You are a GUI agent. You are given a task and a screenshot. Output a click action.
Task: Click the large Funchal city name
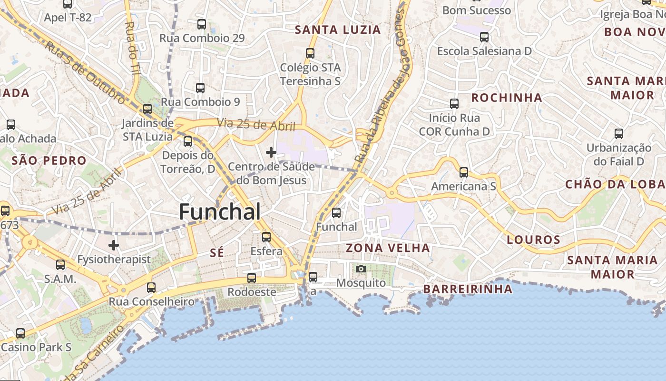[220, 212]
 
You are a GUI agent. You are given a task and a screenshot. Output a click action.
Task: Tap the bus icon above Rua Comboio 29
[202, 24]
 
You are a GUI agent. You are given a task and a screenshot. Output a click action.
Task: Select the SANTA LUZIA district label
[338, 30]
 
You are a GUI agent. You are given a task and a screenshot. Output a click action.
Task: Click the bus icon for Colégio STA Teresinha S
[310, 53]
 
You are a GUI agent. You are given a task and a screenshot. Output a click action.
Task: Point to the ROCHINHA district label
[506, 98]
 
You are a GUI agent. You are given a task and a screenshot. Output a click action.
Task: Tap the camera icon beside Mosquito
[361, 269]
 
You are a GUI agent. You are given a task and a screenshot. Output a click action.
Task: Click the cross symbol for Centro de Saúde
[271, 152]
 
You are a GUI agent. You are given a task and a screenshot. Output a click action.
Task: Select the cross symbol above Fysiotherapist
[114, 245]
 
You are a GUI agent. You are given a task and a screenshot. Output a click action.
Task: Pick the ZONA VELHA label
[388, 248]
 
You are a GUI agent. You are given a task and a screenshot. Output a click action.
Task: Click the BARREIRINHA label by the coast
[468, 289]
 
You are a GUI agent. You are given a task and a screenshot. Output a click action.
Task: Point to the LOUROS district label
[533, 240]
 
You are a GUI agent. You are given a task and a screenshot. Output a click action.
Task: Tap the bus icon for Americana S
[464, 172]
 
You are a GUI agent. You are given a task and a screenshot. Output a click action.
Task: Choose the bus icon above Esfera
[266, 237]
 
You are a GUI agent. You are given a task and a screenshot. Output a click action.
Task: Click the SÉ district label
[216, 253]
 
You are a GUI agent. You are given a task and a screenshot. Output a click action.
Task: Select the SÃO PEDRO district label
[49, 160]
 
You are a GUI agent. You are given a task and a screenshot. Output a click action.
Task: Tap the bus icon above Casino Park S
[20, 333]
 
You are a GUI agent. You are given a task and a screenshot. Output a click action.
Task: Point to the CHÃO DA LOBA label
[615, 184]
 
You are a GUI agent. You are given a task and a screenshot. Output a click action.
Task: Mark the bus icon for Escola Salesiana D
[484, 37]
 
